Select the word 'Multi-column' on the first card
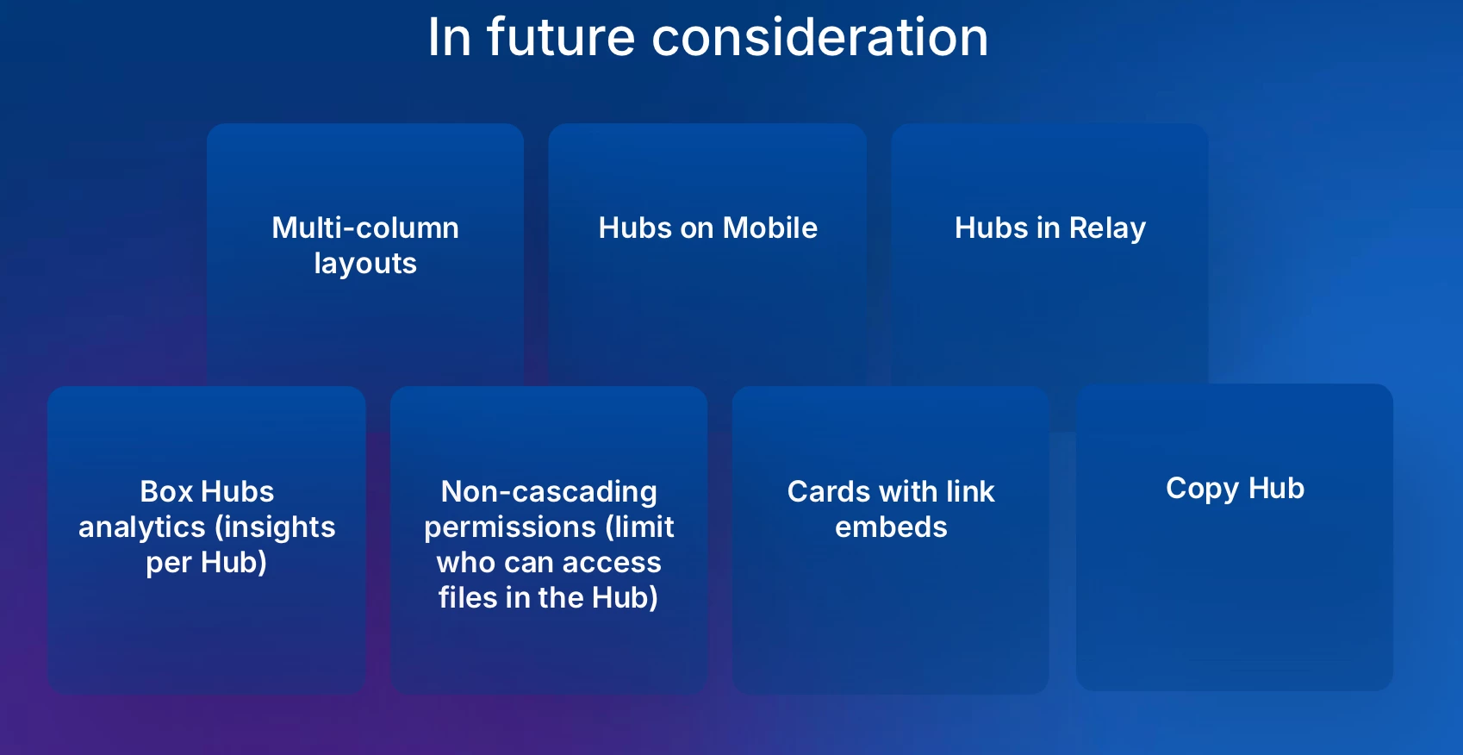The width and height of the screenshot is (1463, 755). click(365, 228)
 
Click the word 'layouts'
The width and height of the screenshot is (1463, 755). click(365, 264)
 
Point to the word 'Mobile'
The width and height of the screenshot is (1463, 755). click(770, 228)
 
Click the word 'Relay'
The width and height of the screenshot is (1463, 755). click(1107, 228)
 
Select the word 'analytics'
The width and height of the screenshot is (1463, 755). click(141, 527)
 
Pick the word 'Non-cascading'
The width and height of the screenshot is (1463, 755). click(549, 492)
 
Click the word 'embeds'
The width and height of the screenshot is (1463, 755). click(891, 527)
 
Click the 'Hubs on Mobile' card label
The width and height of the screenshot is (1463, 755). click(708, 228)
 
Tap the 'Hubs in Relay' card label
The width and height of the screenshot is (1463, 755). click(1050, 228)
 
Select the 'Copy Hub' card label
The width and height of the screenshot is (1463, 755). click(1235, 490)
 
